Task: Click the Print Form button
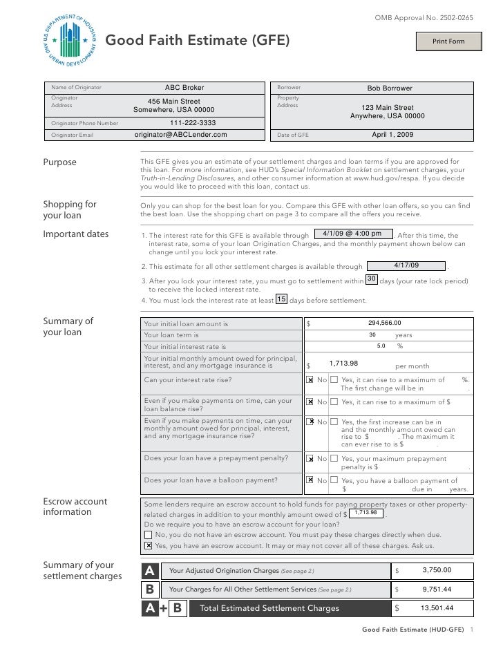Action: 448,41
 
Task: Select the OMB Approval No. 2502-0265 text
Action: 424,16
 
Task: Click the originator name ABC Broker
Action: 184,88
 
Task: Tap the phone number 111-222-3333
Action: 193,123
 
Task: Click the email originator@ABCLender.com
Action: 180,135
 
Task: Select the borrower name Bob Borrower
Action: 389,88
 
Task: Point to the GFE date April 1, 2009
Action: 392,135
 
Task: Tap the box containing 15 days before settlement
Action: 281,299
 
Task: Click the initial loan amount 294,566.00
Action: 384,323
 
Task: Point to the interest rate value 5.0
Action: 381,346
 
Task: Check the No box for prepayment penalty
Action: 310,458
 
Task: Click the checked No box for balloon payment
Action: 310,480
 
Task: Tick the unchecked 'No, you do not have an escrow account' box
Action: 149,534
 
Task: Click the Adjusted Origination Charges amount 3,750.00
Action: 436,570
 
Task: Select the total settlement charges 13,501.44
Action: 436,608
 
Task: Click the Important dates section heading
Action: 76,234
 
